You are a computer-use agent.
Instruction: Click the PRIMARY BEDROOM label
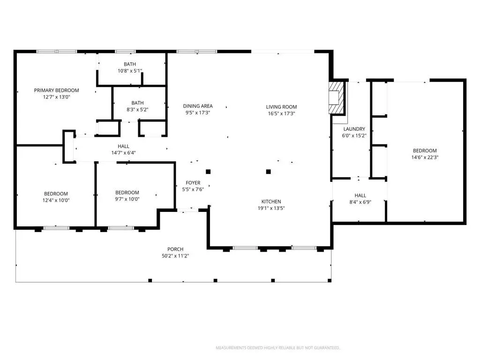pyautogui.click(x=56, y=90)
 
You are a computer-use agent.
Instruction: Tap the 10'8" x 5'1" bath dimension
pyautogui.click(x=130, y=71)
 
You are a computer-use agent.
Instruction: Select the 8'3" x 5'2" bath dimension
pyautogui.click(x=137, y=109)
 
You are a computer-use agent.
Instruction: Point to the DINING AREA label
pyautogui.click(x=198, y=106)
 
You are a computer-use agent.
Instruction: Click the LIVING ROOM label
pyautogui.click(x=281, y=107)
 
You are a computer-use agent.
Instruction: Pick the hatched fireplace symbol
pyautogui.click(x=337, y=97)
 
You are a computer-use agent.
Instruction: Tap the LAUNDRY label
pyautogui.click(x=354, y=129)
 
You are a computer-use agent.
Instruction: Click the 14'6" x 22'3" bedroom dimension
pyautogui.click(x=425, y=157)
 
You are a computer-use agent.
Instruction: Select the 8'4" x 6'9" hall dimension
pyautogui.click(x=360, y=202)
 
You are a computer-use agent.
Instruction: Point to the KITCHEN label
pyautogui.click(x=271, y=202)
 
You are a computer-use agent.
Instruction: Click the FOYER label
pyautogui.click(x=193, y=183)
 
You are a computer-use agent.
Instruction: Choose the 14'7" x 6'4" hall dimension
pyautogui.click(x=123, y=153)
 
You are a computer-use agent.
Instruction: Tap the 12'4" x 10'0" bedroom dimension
pyautogui.click(x=56, y=200)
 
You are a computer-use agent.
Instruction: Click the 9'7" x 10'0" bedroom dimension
pyautogui.click(x=127, y=199)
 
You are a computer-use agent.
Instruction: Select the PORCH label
pyautogui.click(x=175, y=249)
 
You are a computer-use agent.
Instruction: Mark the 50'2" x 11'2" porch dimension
pyautogui.click(x=175, y=256)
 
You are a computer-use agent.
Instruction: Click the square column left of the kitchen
pyautogui.click(x=208, y=172)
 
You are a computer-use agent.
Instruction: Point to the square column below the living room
pyautogui.click(x=269, y=172)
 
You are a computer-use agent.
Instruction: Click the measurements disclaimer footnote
pyautogui.click(x=277, y=348)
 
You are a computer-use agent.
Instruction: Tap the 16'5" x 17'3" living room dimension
pyautogui.click(x=281, y=113)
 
